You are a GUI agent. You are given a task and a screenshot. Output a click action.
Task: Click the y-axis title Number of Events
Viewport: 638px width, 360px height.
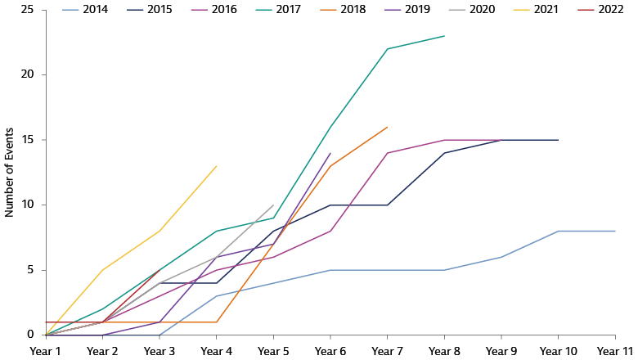10,172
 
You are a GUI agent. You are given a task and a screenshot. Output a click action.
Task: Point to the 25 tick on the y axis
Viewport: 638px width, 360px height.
28,10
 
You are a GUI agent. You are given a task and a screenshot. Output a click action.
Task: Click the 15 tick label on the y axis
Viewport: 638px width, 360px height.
28,140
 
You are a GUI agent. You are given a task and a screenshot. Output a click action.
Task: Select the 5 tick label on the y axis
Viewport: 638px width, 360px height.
31,270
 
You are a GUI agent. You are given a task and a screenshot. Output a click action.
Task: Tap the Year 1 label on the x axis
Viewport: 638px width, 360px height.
47,350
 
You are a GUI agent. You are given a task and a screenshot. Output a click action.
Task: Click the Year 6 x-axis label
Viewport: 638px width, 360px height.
330,350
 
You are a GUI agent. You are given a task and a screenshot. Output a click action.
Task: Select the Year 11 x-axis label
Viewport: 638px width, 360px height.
613,350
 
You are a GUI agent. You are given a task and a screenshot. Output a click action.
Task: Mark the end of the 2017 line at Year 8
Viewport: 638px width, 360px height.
444,36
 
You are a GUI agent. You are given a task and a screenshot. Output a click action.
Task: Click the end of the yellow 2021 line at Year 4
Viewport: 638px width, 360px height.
217,166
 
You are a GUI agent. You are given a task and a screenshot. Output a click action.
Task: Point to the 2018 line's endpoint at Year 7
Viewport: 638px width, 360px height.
387,127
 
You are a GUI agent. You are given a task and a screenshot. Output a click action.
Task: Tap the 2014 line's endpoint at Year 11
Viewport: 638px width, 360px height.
614,231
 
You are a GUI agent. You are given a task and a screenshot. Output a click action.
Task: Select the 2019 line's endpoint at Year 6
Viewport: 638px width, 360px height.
330,153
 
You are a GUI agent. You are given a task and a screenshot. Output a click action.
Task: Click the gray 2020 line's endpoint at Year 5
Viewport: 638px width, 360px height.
273,205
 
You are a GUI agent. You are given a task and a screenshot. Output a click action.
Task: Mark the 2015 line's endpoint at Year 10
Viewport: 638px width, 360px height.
558,140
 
